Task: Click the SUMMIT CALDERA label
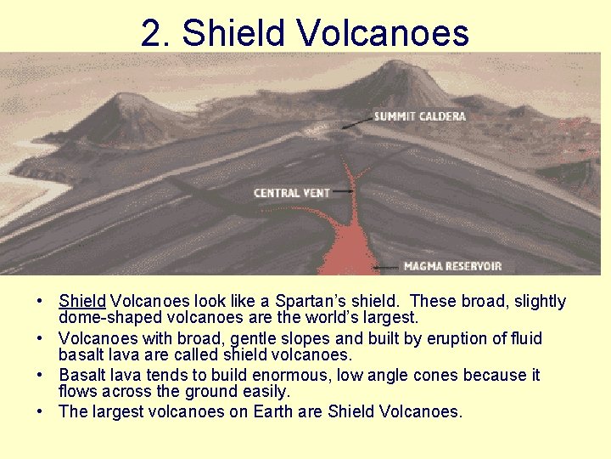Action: pyautogui.click(x=419, y=116)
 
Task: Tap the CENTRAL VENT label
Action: pyautogui.click(x=291, y=193)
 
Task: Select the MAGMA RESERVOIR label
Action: pyautogui.click(x=452, y=266)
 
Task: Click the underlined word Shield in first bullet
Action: pyautogui.click(x=82, y=302)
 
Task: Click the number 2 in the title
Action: pyautogui.click(x=151, y=33)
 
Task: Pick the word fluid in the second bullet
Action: pyautogui.click(x=524, y=338)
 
